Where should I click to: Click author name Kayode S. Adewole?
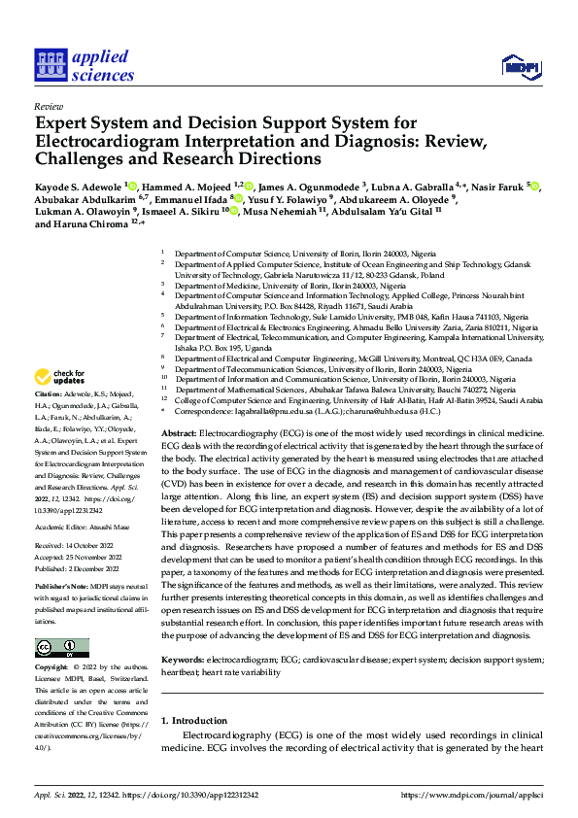coord(77,186)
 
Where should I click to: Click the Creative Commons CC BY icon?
coord(62,647)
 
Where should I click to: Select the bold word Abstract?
coord(179,432)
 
